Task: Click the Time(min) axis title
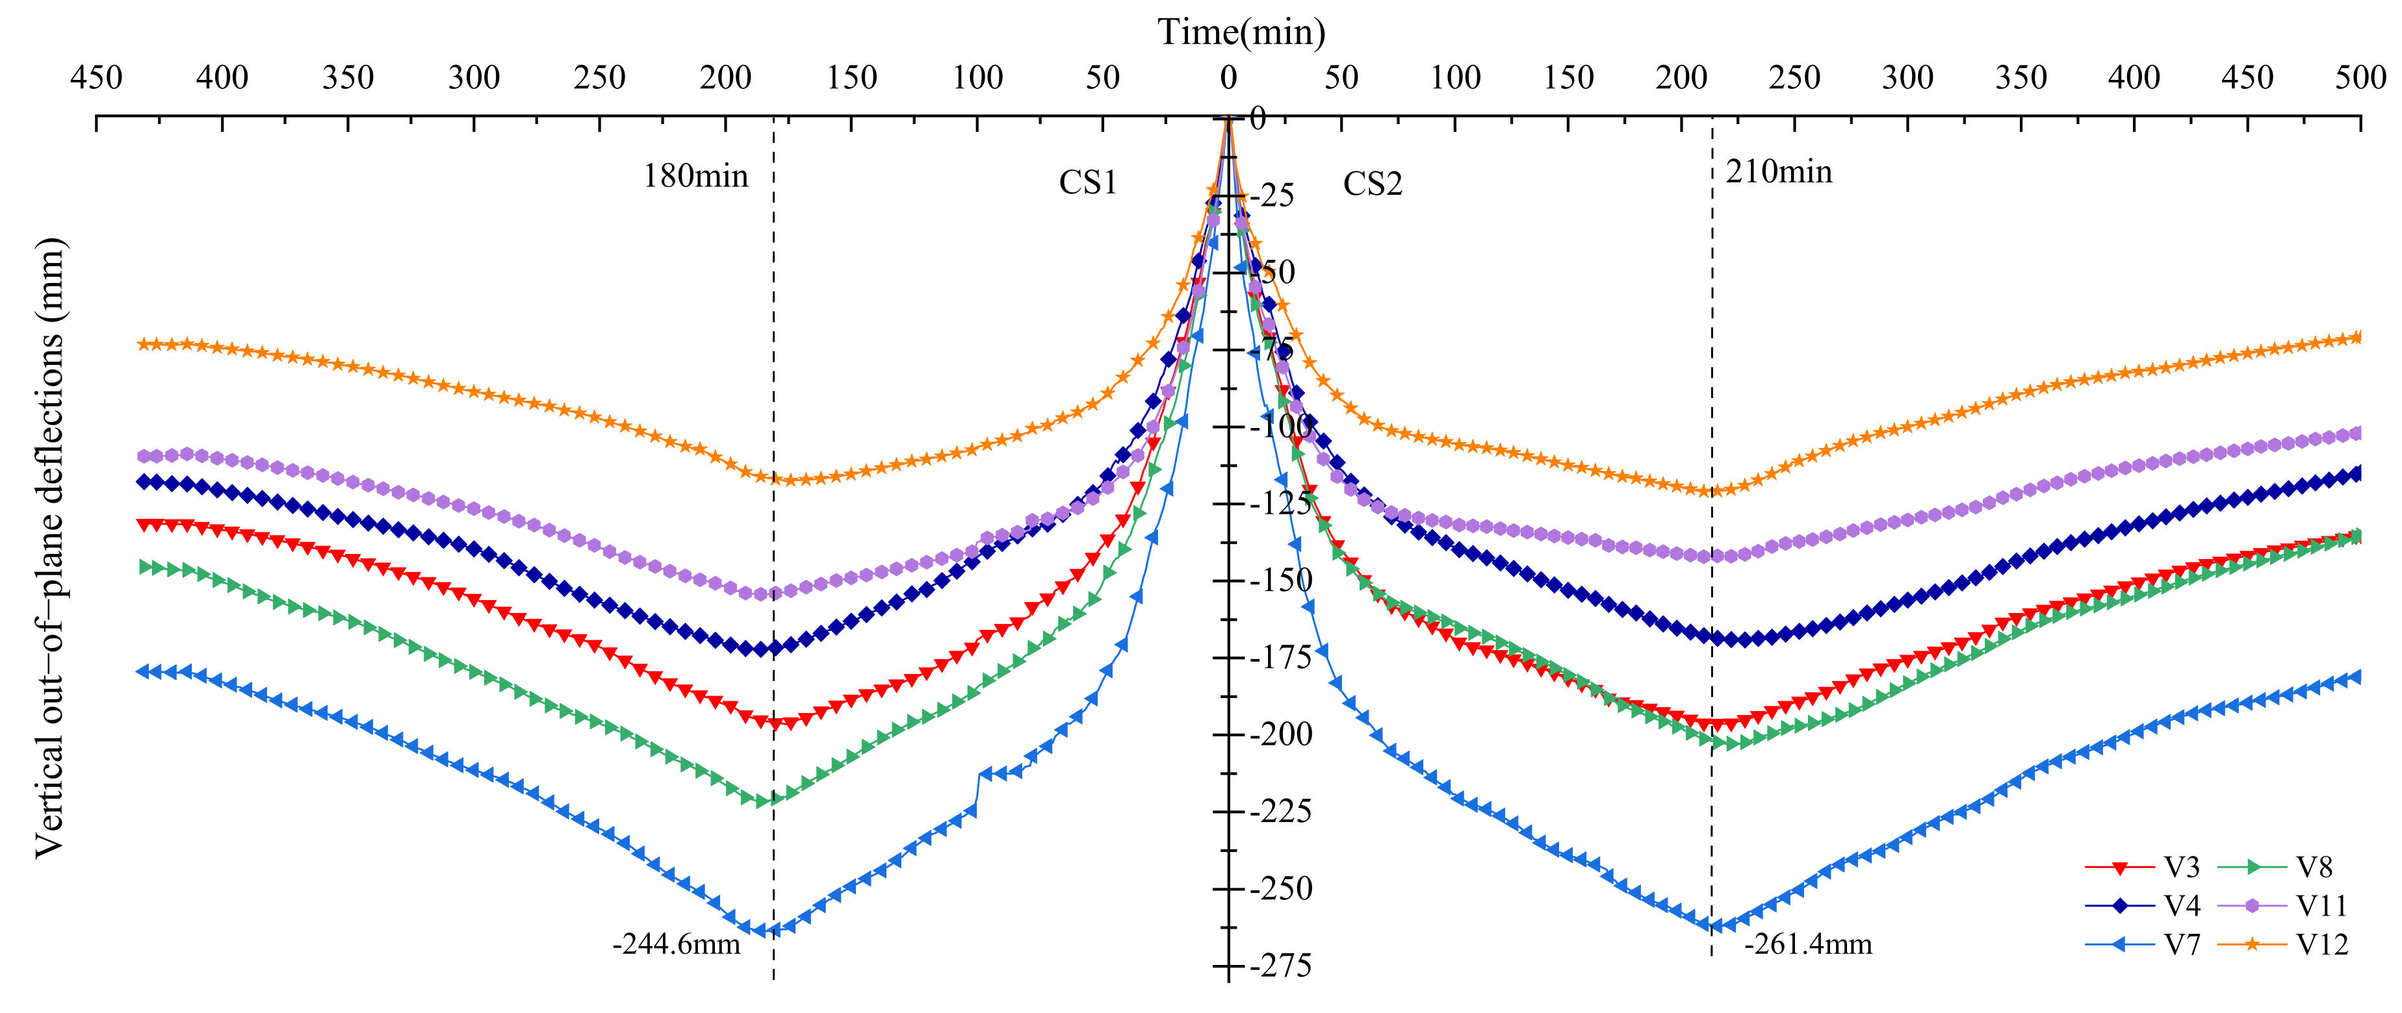coord(1241,32)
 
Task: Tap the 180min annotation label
coord(695,175)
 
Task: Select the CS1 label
coord(1087,182)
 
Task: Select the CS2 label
coord(1373,184)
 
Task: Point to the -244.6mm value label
coord(676,944)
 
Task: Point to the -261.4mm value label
coord(1807,944)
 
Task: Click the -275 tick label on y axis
coord(1280,966)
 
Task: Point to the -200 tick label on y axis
coord(1280,734)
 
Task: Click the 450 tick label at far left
coord(96,77)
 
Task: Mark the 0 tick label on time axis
coord(1228,77)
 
